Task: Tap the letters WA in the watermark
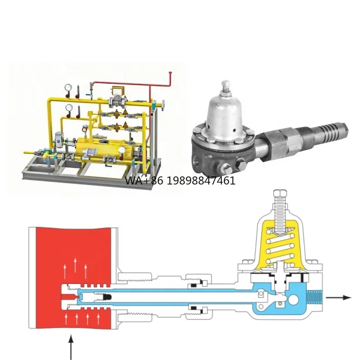click(x=132, y=181)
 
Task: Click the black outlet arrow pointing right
click(x=338, y=297)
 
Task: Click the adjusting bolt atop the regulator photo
click(x=225, y=86)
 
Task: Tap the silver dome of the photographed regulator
click(x=225, y=112)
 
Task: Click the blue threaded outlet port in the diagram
click(x=315, y=298)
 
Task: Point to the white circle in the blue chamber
click(x=293, y=299)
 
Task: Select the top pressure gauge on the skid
click(x=67, y=87)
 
